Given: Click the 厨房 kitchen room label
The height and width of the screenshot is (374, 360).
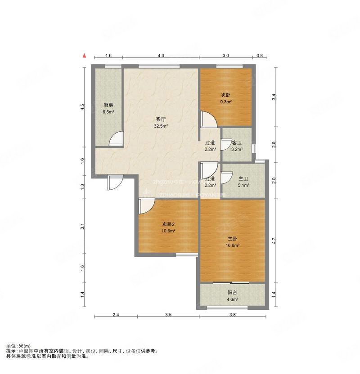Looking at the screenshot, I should pyautogui.click(x=108, y=105).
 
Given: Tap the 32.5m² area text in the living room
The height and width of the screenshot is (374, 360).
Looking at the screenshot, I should pyautogui.click(x=161, y=126).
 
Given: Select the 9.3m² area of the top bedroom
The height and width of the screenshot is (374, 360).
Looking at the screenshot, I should pyautogui.click(x=226, y=102).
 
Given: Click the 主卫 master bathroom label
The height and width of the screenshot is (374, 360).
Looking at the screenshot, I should pyautogui.click(x=243, y=178).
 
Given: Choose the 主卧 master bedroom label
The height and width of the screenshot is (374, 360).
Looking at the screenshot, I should pyautogui.click(x=233, y=238).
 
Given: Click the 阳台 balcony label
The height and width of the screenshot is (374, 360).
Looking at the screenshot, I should pyautogui.click(x=233, y=292).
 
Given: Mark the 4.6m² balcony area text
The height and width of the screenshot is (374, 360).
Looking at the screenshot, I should pyautogui.click(x=233, y=299).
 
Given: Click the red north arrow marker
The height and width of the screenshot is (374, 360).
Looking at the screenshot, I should pyautogui.click(x=84, y=56).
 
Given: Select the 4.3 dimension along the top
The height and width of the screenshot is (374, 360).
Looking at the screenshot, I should pyautogui.click(x=161, y=55).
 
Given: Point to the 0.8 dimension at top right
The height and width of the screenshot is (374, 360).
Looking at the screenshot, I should pyautogui.click(x=260, y=55).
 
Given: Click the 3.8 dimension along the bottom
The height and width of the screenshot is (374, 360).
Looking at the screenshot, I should pyautogui.click(x=232, y=315).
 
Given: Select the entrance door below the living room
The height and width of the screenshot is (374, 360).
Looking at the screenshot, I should pyautogui.click(x=115, y=182).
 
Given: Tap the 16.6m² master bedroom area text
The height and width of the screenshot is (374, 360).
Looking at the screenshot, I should pyautogui.click(x=233, y=245).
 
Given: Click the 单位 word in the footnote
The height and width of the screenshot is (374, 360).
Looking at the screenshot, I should pyautogui.click(x=12, y=346).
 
